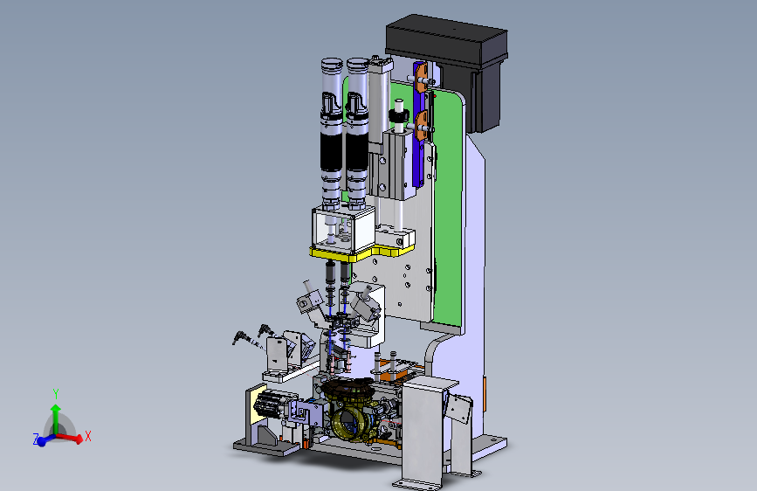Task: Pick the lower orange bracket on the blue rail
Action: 422,125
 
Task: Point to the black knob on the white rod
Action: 399,117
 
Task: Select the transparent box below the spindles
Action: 343,231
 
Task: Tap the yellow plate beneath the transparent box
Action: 361,252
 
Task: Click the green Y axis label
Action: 56,393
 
